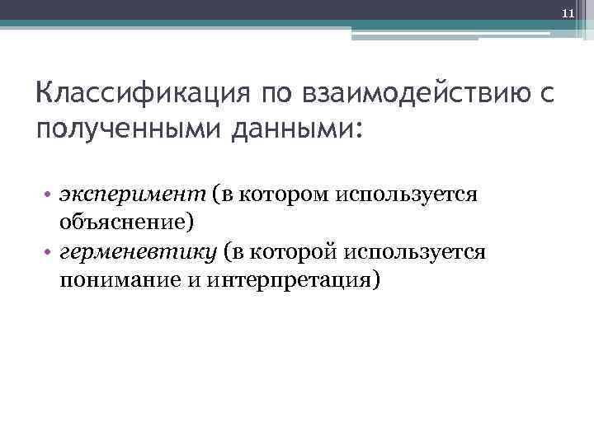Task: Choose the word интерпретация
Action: point(294,280)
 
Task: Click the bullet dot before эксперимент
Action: point(49,195)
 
